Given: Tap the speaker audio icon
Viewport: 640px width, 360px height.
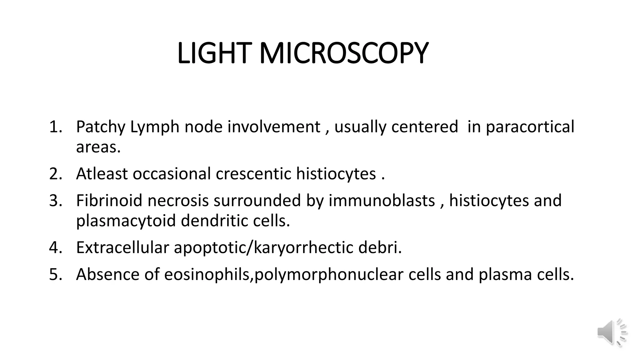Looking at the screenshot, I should [x=612, y=332].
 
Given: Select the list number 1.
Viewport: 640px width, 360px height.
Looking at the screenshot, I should [x=56, y=127].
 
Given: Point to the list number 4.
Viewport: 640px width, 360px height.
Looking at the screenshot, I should [x=56, y=247].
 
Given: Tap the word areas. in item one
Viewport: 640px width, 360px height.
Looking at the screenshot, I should [x=98, y=147].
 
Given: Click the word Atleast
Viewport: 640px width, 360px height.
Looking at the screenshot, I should [x=102, y=174].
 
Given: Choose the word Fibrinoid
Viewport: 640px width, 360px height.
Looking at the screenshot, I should [x=109, y=201].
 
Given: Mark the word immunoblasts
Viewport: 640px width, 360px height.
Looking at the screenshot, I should [x=382, y=201].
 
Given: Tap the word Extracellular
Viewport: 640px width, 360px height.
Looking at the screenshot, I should [x=122, y=247].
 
